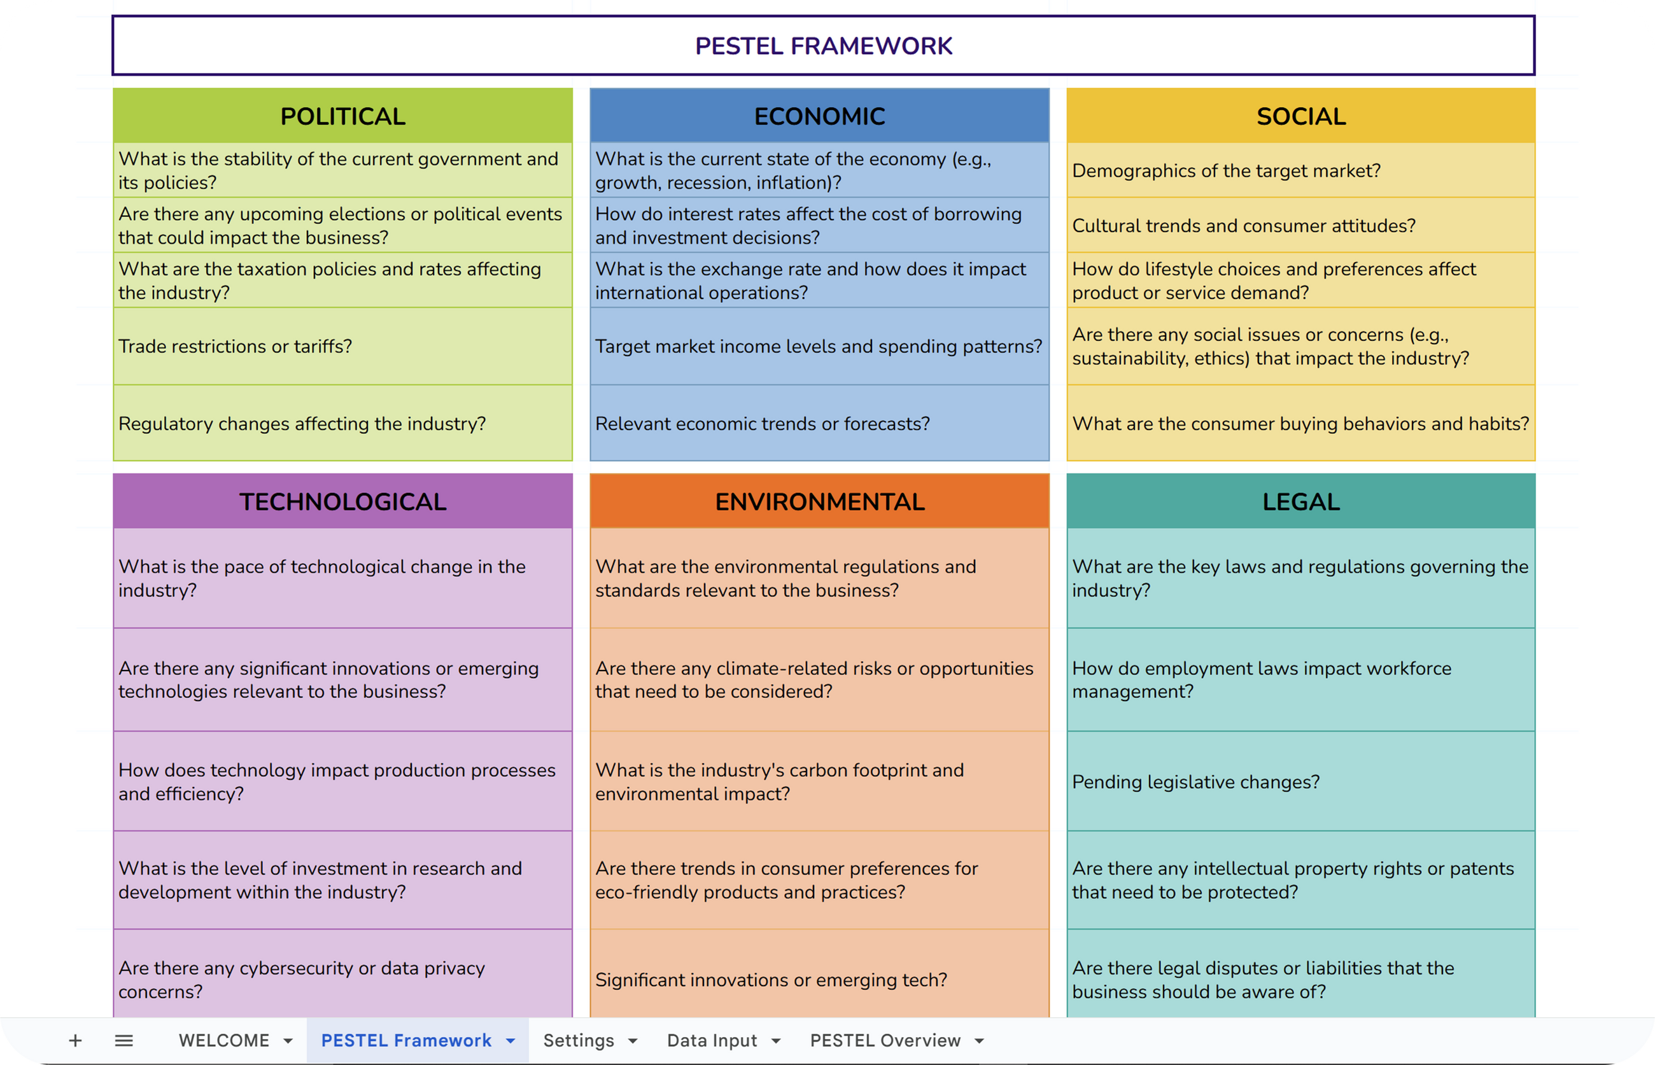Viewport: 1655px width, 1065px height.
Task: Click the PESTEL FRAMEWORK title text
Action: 823,46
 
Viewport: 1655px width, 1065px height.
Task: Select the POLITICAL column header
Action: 342,116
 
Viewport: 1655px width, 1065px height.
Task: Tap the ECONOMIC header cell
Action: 819,116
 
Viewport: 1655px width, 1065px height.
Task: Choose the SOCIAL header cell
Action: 1300,116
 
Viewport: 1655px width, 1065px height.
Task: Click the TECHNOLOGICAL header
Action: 342,501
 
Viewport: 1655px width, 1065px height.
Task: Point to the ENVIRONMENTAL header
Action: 819,501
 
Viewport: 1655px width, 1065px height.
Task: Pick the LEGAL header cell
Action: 1300,501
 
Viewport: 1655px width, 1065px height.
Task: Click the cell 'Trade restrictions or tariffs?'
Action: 236,346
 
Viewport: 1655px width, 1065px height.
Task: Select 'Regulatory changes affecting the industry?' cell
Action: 302,423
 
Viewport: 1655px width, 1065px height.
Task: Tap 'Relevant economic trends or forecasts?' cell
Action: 763,423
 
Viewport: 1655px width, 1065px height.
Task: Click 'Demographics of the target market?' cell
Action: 1226,171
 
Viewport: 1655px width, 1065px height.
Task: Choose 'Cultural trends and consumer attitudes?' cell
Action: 1243,225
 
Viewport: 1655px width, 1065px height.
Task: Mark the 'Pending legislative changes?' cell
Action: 1195,781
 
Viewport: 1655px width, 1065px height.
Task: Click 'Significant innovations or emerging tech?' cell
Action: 771,979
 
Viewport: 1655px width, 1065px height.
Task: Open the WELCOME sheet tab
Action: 223,1040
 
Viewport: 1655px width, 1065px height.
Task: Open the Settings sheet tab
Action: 579,1040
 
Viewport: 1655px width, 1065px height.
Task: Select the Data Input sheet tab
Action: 711,1040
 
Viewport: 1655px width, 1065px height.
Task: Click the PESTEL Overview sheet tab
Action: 885,1040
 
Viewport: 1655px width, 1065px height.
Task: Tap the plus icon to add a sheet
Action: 75,1040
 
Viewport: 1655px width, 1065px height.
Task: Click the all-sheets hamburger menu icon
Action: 124,1040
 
